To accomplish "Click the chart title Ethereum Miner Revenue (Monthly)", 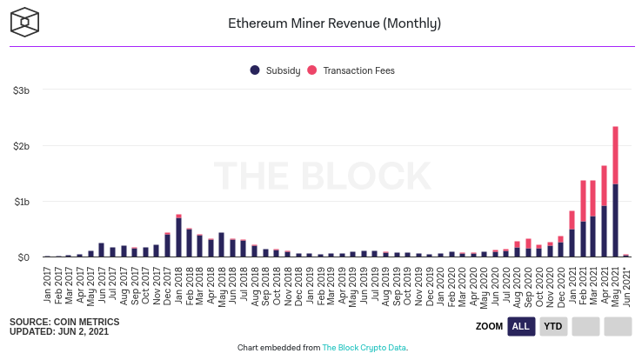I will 321,23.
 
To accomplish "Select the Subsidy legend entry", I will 278,70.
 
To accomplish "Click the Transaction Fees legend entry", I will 353,70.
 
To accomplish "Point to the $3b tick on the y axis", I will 22,90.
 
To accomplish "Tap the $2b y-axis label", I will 22,146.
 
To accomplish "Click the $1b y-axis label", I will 22,202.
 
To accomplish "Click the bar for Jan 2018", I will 178,237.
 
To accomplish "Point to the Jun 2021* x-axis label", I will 626,282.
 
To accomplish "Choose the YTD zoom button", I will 552,326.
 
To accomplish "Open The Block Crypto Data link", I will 364,348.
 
